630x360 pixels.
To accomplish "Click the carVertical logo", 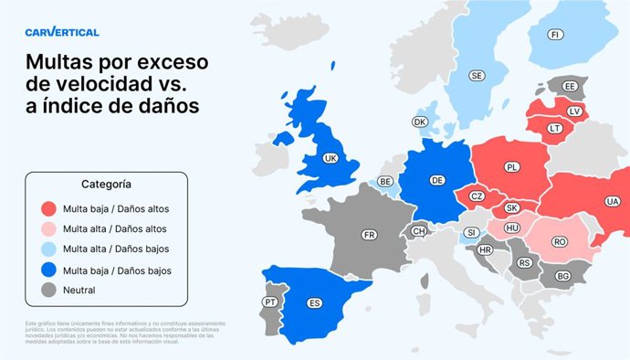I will point(63,32).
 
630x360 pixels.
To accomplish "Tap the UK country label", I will point(330,158).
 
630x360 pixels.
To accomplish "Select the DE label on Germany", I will point(437,180).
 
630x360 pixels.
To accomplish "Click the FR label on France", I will point(369,235).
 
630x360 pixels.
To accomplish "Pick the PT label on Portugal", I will point(270,302).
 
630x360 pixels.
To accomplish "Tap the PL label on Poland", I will point(511,167).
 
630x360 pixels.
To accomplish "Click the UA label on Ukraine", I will point(611,201).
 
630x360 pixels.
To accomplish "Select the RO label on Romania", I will point(560,242).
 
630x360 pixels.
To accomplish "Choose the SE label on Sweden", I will point(477,76).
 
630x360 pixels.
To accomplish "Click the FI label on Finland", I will point(554,34).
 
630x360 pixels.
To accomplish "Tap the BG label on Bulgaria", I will point(562,275).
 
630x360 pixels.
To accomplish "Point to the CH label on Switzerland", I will point(419,231).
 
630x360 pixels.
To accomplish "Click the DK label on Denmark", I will point(420,122).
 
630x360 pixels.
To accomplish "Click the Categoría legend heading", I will point(106,184).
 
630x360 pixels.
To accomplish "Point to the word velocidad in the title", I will point(114,85).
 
